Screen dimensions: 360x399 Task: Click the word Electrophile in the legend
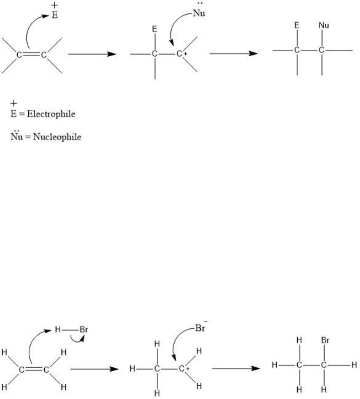[51, 114]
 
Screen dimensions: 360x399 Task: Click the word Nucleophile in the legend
[57, 137]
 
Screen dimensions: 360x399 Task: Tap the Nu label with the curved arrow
[199, 13]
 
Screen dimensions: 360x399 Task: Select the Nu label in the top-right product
[324, 25]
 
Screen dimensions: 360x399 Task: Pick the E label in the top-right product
[296, 25]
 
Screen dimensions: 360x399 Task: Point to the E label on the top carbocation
[155, 29]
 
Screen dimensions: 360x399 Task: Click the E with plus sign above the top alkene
[55, 12]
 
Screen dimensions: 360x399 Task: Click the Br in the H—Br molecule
[84, 330]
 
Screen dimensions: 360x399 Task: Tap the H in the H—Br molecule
[58, 330]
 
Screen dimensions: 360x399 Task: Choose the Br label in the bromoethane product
[325, 340]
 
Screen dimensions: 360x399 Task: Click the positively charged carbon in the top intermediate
[180, 54]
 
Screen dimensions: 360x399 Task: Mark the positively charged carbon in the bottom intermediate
[182, 369]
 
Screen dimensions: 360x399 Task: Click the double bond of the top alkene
[31, 55]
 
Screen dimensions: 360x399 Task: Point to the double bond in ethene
[34, 369]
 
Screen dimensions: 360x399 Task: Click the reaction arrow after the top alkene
[92, 54]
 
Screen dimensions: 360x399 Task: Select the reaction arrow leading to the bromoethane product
[236, 368]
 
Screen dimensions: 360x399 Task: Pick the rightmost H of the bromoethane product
[354, 365]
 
